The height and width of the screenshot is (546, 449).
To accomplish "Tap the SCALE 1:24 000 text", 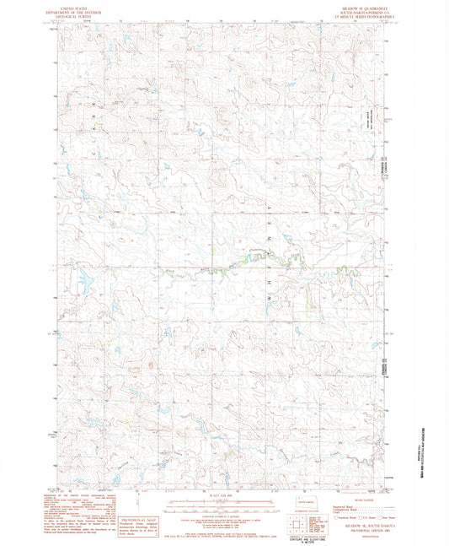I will coord(224,495).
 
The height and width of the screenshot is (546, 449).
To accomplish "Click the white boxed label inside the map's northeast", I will coord(368,123).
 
